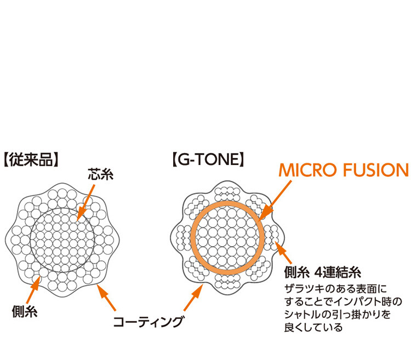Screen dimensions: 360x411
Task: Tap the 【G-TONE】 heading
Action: tap(208, 160)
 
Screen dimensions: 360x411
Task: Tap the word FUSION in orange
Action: tap(376, 170)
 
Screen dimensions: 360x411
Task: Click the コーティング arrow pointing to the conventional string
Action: tap(107, 298)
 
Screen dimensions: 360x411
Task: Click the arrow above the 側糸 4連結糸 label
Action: tap(285, 252)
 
